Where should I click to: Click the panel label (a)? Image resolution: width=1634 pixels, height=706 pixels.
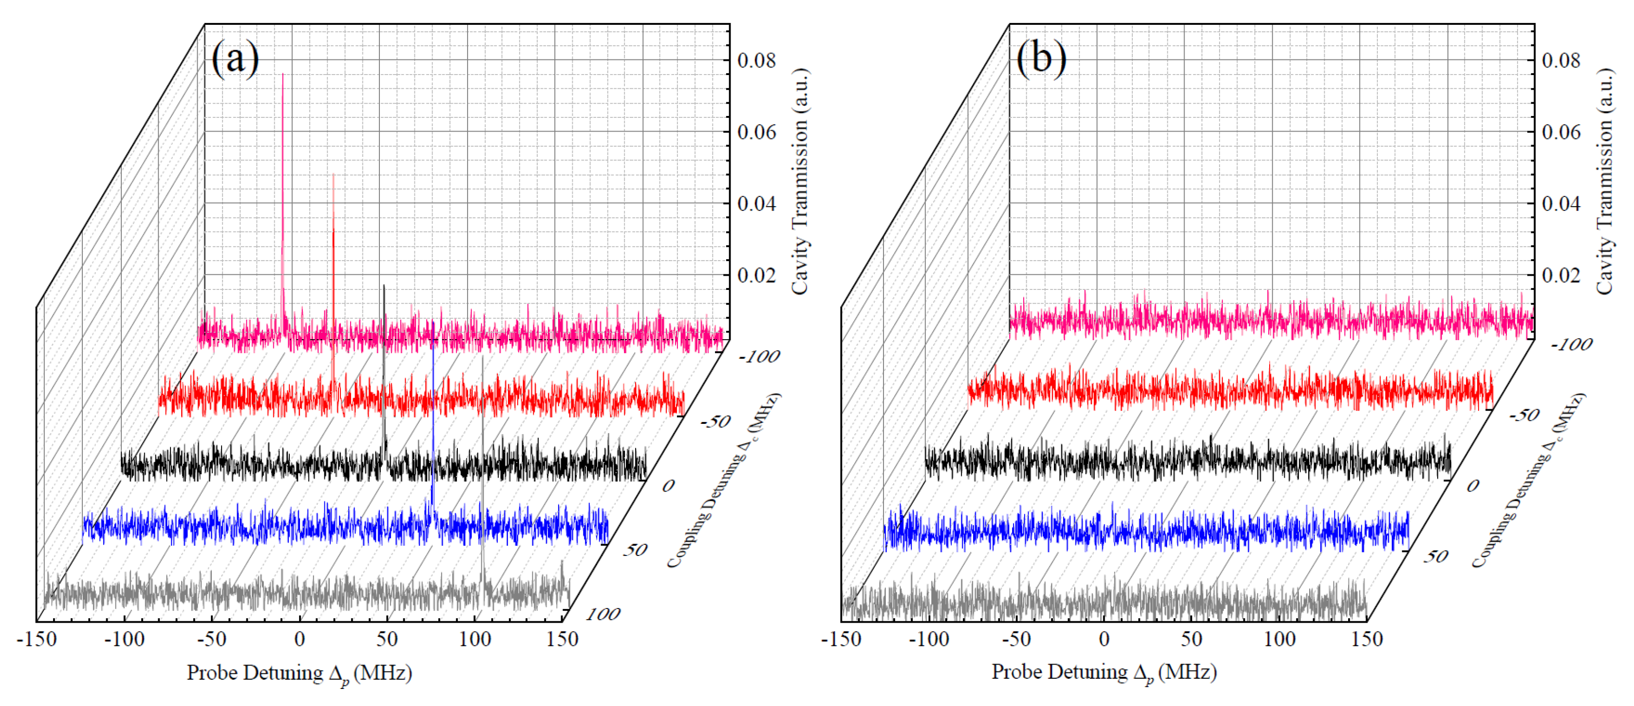point(235,58)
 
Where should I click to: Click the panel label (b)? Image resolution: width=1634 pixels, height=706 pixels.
point(1041,58)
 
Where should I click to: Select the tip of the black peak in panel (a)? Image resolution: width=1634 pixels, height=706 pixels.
point(384,286)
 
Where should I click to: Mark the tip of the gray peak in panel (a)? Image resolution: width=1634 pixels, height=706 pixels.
point(483,357)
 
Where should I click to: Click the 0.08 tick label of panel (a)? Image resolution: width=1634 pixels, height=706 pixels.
point(756,61)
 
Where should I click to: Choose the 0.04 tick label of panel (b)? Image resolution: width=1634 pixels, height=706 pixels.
point(1560,204)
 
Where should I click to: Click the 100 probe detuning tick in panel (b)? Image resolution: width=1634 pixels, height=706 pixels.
point(1279,639)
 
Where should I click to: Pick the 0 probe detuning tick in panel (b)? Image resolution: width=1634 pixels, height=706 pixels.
point(1104,639)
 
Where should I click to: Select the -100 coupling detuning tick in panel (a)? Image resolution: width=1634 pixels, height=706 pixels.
point(759,357)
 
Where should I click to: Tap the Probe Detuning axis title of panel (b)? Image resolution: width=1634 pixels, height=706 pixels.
point(1104,673)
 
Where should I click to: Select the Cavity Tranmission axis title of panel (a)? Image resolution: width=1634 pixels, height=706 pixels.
point(801,181)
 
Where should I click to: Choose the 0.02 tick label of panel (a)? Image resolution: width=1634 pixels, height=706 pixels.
point(756,276)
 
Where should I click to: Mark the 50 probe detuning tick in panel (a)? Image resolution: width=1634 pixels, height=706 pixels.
point(387,639)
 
